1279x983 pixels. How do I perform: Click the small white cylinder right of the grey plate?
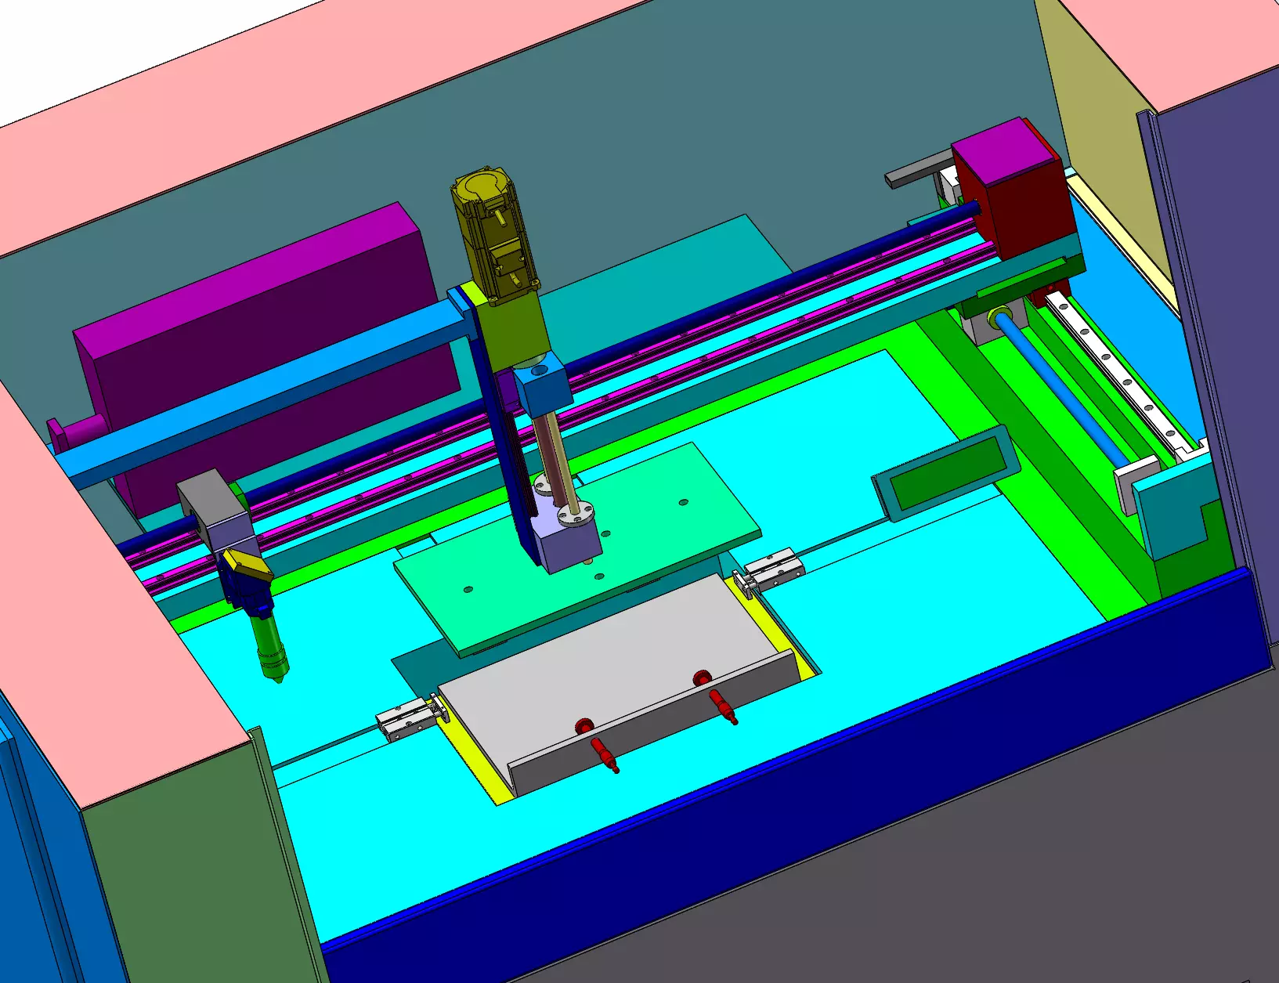click(x=771, y=569)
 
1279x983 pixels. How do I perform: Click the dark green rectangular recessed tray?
click(x=948, y=474)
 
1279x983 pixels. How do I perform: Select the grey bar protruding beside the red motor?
click(x=916, y=171)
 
